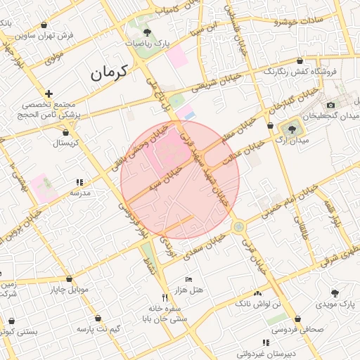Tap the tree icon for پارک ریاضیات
146,32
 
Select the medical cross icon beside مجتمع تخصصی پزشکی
49,94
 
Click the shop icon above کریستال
66,131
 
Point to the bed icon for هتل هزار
188,280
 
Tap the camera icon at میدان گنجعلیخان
330,105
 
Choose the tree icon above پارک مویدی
335,292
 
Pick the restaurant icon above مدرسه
79,182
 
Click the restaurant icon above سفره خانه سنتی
165,297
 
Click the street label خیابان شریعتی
217,83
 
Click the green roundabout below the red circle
239,226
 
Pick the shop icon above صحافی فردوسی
298,319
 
